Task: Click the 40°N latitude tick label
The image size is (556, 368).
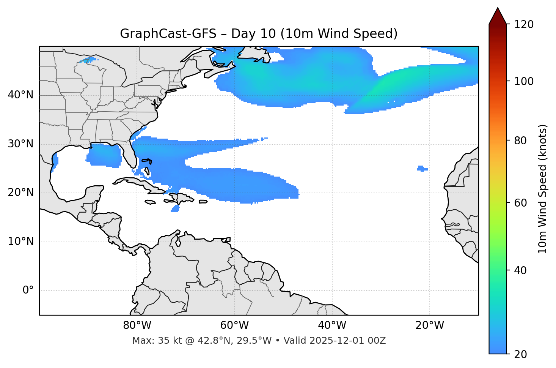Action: [20, 95]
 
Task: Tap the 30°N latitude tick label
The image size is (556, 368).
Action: [20, 144]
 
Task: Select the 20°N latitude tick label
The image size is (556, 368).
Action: [20, 193]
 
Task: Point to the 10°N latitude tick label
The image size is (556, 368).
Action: [20, 242]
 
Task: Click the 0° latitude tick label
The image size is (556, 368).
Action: [28, 291]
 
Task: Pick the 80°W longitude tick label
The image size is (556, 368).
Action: [137, 325]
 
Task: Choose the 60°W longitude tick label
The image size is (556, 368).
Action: [234, 325]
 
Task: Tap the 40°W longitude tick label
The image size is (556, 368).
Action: [332, 325]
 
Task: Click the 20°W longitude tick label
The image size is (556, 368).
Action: [430, 325]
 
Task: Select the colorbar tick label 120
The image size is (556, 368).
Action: [525, 25]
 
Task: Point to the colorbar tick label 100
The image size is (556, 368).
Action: [525, 81]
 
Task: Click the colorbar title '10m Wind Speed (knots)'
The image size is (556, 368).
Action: [543, 189]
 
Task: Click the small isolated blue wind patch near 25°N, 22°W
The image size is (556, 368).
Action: [422, 168]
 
